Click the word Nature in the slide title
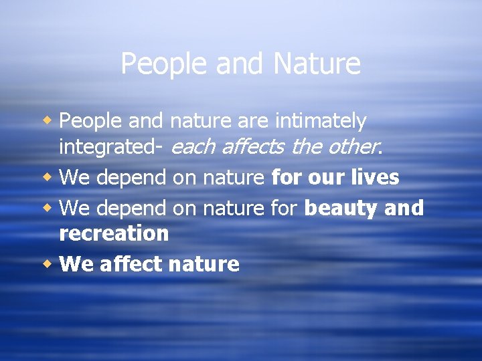coord(317,64)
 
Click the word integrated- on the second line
coord(113,146)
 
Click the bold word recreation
coord(114,233)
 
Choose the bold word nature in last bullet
coord(204,265)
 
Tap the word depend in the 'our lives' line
coord(133,177)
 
